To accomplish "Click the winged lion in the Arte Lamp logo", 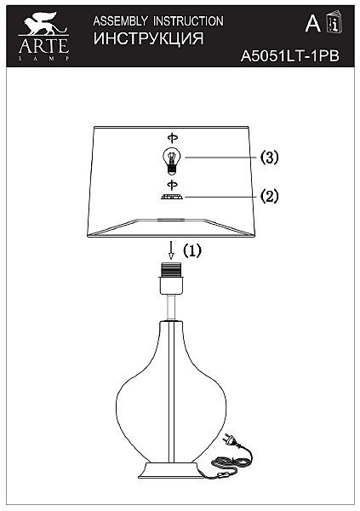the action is point(43,24).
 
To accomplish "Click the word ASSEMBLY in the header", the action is point(120,21).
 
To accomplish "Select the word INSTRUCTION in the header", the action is point(188,21).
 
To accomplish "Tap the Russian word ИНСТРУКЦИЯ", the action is point(149,38).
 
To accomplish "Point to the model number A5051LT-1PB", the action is point(289,56).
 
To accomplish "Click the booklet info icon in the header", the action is point(334,22).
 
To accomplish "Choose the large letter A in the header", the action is point(312,24).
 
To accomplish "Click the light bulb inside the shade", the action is point(172,160).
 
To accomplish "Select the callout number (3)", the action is point(270,158).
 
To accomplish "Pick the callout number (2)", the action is point(270,197).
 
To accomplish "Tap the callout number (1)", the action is point(192,250).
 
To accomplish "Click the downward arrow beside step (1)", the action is point(171,250).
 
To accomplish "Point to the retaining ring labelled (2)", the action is point(172,198).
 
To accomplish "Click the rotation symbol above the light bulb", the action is point(173,138).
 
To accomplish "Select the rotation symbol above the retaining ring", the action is point(173,185).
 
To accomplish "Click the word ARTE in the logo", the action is point(43,46).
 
